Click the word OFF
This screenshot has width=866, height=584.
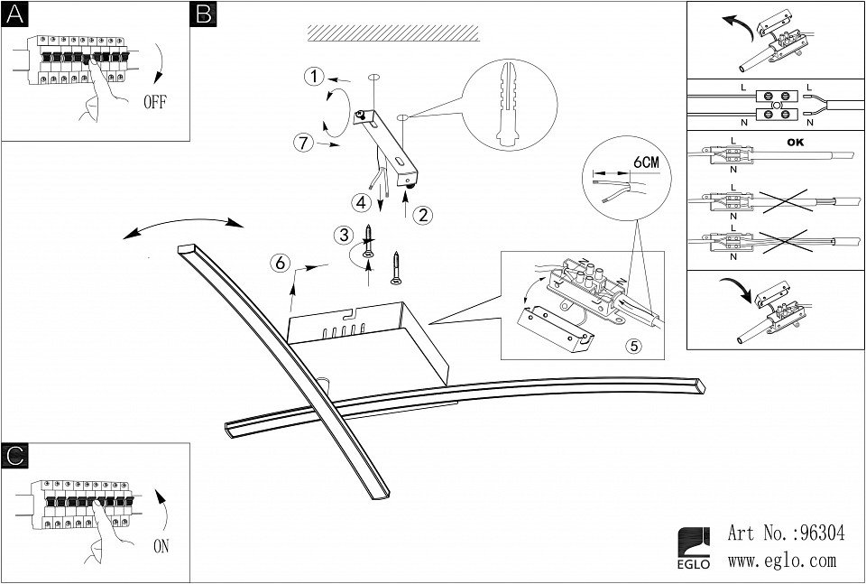tap(155, 101)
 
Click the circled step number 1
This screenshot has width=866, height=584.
tap(313, 77)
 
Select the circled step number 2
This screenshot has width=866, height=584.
tap(422, 215)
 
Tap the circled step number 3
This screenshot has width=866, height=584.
tap(342, 236)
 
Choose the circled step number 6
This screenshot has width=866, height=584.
tap(281, 264)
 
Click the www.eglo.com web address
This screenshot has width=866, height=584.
tap(781, 561)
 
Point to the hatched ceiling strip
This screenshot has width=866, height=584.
tap(392, 32)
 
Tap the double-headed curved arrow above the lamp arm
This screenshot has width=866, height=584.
tap(185, 224)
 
